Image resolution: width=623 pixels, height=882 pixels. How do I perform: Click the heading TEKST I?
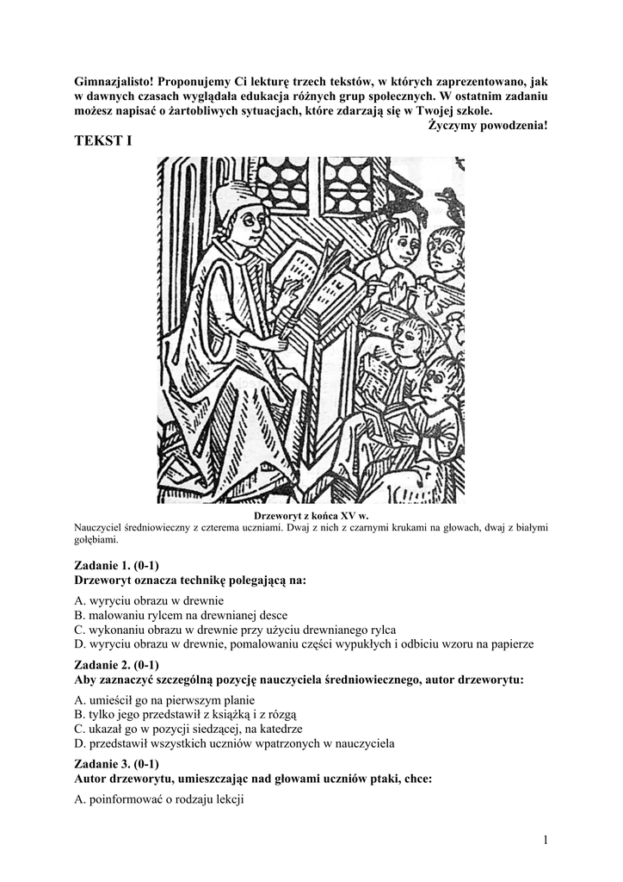[x=103, y=140]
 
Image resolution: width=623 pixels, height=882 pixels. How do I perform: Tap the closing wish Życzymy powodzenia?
[x=487, y=126]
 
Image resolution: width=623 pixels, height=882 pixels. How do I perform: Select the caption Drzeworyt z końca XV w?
[x=311, y=515]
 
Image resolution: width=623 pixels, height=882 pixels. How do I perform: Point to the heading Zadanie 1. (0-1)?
[x=116, y=565]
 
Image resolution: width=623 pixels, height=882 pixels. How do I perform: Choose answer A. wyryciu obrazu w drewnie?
[x=149, y=600]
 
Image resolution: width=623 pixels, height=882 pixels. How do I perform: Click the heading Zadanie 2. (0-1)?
[x=116, y=665]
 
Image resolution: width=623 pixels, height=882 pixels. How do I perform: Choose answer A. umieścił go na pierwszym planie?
[x=164, y=699]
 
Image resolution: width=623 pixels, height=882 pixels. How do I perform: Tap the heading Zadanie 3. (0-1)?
[x=116, y=763]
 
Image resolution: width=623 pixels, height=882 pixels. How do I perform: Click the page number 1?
[x=545, y=840]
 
